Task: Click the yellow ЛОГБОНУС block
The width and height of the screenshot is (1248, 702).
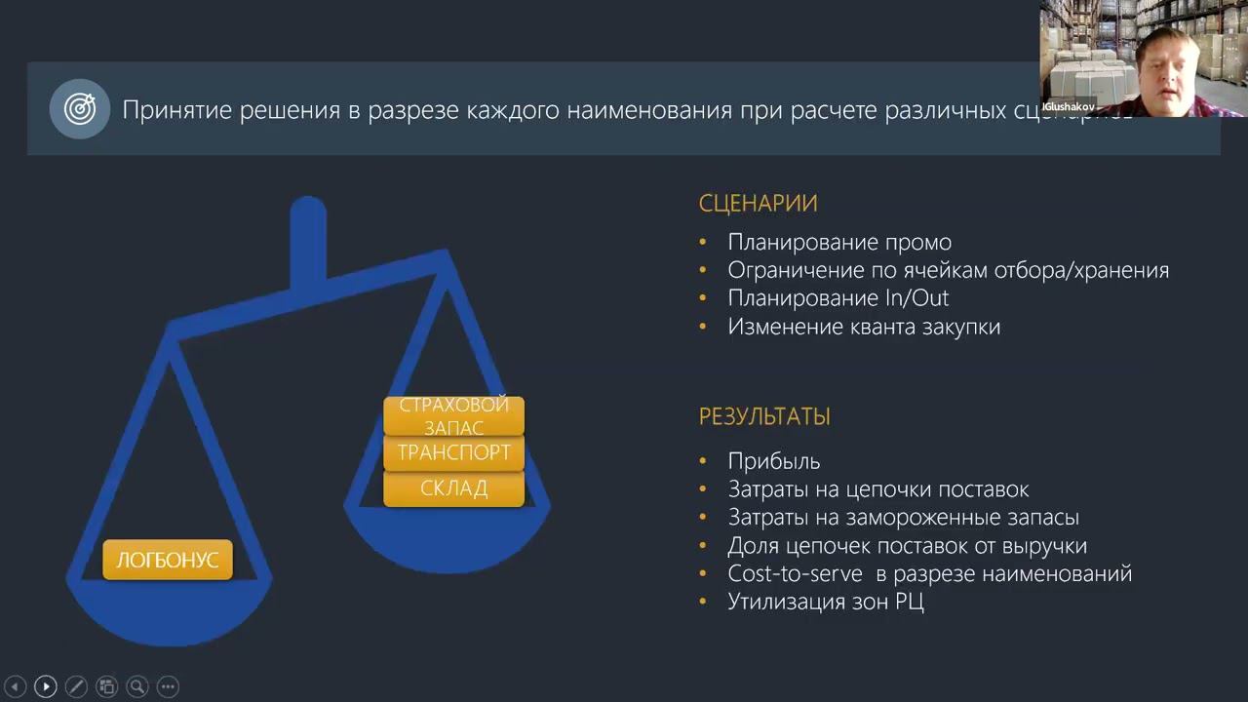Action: click(168, 560)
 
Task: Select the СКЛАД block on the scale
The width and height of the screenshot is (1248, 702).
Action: click(453, 488)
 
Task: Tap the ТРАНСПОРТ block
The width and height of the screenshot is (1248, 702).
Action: click(453, 452)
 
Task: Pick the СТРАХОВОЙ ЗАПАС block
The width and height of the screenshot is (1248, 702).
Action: click(453, 415)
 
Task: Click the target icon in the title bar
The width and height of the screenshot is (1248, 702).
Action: click(80, 109)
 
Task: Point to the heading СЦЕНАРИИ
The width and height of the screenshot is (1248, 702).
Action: click(758, 204)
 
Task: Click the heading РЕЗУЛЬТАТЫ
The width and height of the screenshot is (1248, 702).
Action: click(764, 416)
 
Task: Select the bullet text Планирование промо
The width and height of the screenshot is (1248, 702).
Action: click(839, 243)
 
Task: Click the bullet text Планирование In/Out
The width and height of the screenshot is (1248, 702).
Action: click(838, 298)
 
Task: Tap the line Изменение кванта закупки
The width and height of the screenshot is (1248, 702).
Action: click(864, 327)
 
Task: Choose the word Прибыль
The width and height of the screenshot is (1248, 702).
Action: click(774, 461)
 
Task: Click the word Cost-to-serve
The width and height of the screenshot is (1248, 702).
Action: click(794, 573)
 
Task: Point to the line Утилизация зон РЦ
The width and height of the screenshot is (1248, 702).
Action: click(825, 602)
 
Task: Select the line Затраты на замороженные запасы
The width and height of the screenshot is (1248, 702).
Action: click(903, 518)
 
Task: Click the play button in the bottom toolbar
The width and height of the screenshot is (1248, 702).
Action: click(45, 686)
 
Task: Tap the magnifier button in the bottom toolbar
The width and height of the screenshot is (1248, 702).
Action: click(137, 686)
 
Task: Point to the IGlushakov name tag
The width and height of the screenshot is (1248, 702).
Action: click(1068, 107)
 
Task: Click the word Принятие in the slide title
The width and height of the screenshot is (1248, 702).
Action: click(179, 110)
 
